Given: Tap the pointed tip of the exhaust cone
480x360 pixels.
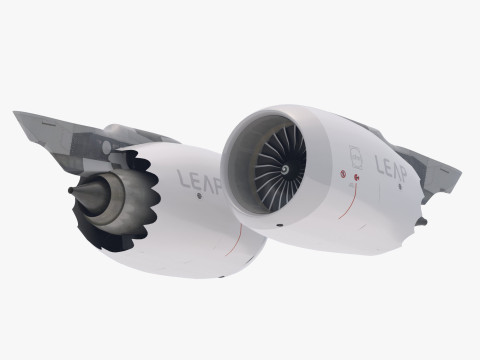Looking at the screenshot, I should [x=71, y=190].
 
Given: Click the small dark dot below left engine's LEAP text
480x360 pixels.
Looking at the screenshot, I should [x=199, y=197].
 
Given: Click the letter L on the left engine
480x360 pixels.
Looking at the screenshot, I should [x=181, y=179].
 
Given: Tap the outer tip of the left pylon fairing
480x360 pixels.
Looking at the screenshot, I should [x=17, y=114].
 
